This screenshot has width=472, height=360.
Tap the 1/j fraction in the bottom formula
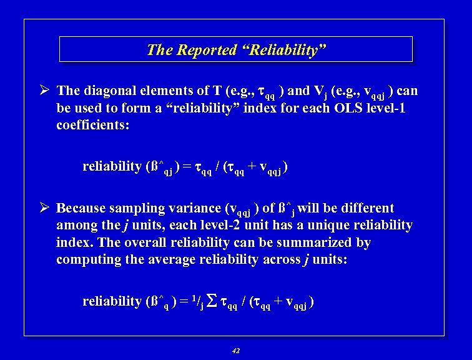(198, 302)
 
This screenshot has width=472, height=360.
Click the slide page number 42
(235, 351)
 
